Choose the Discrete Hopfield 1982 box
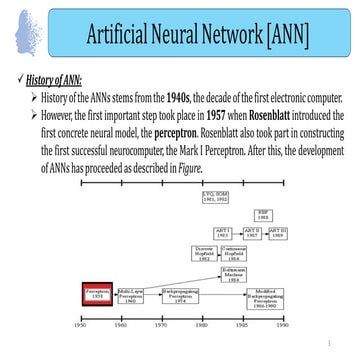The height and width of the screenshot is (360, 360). click(205, 253)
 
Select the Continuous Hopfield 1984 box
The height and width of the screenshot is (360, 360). click(235, 253)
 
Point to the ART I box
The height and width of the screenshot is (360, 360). click(224, 232)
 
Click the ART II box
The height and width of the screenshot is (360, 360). click(252, 232)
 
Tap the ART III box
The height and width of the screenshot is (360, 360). click(279, 232)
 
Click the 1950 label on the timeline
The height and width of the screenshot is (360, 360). click(81, 325)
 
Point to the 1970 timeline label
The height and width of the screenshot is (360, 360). click(161, 325)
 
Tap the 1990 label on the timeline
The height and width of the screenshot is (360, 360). click(283, 325)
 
